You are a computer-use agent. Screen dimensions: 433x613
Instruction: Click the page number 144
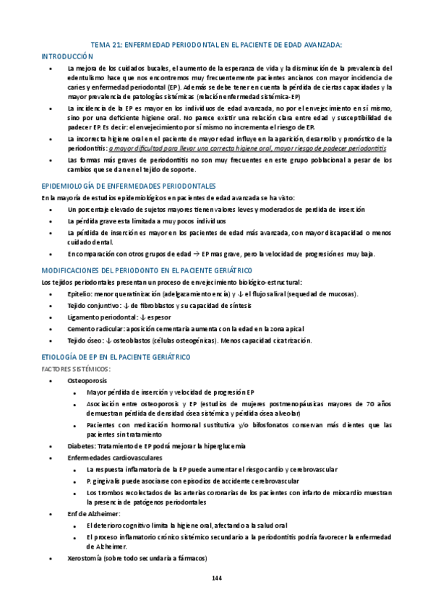(216, 578)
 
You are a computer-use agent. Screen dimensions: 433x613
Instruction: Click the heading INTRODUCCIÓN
(68, 55)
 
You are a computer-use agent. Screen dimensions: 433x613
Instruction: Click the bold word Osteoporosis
(88, 380)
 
